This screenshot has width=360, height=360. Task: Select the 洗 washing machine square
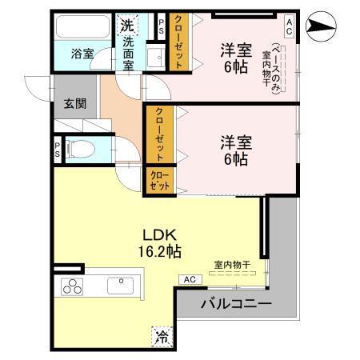tap(127, 25)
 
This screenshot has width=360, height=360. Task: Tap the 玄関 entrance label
tap(75, 104)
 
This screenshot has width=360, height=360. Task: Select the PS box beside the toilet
tap(58, 149)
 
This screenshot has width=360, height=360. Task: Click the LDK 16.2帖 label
tap(162, 242)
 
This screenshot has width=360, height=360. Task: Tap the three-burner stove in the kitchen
tap(70, 287)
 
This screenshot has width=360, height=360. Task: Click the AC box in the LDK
tap(190, 279)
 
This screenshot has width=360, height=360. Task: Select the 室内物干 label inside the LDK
tap(231, 265)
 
